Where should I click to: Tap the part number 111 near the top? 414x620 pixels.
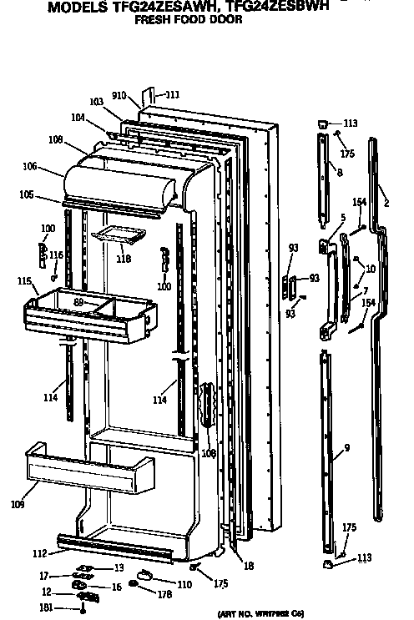(x=171, y=95)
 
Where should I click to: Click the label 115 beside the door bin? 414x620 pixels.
(x=24, y=281)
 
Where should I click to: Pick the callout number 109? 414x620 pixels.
(x=18, y=505)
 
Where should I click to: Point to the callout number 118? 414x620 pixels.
(x=124, y=260)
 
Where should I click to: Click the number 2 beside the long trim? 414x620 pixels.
(x=386, y=203)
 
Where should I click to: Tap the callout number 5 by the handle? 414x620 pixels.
(x=343, y=218)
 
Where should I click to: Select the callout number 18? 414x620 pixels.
(x=249, y=566)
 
